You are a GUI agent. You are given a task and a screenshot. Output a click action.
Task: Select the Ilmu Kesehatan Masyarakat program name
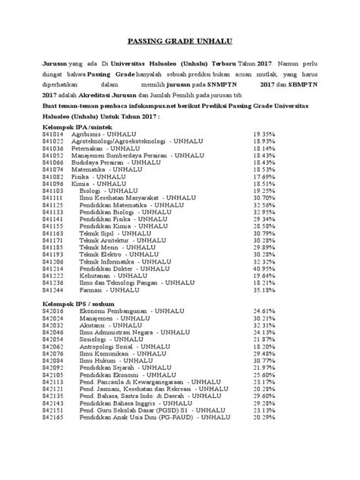(x=128, y=197)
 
